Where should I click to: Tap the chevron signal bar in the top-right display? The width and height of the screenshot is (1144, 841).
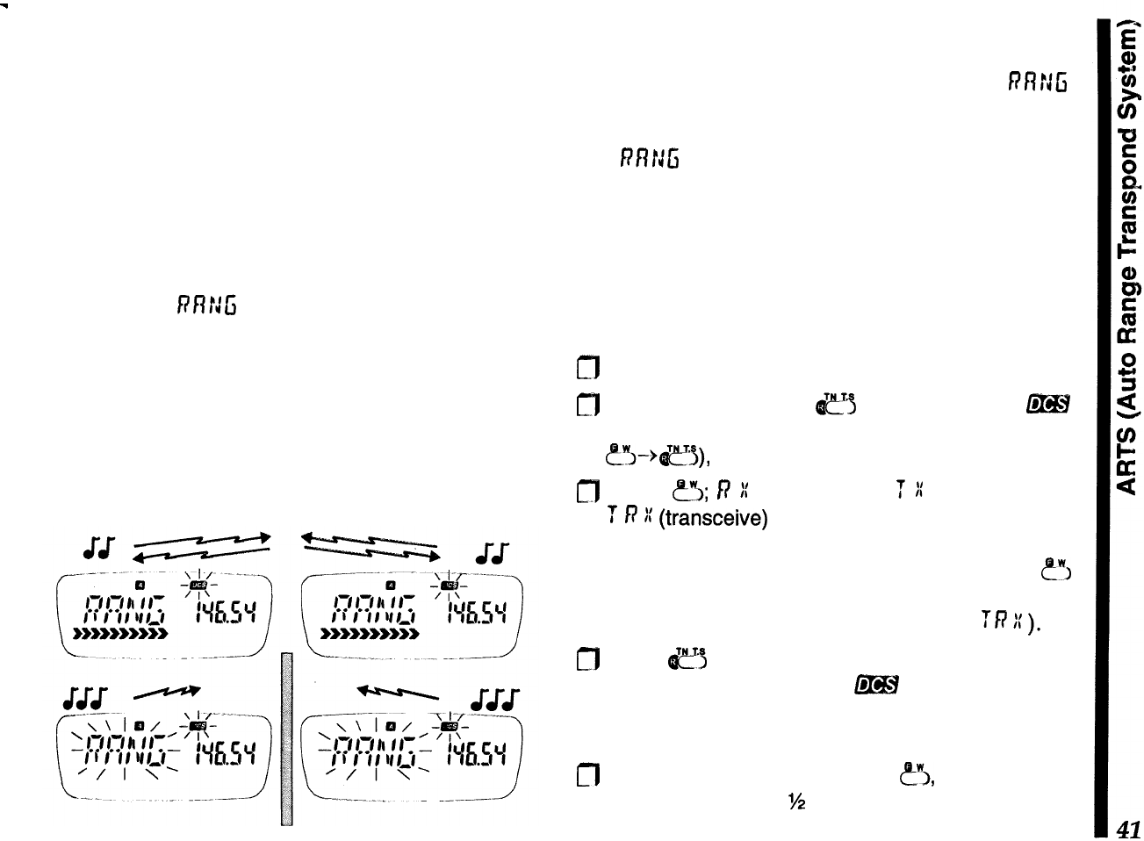pos(369,630)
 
